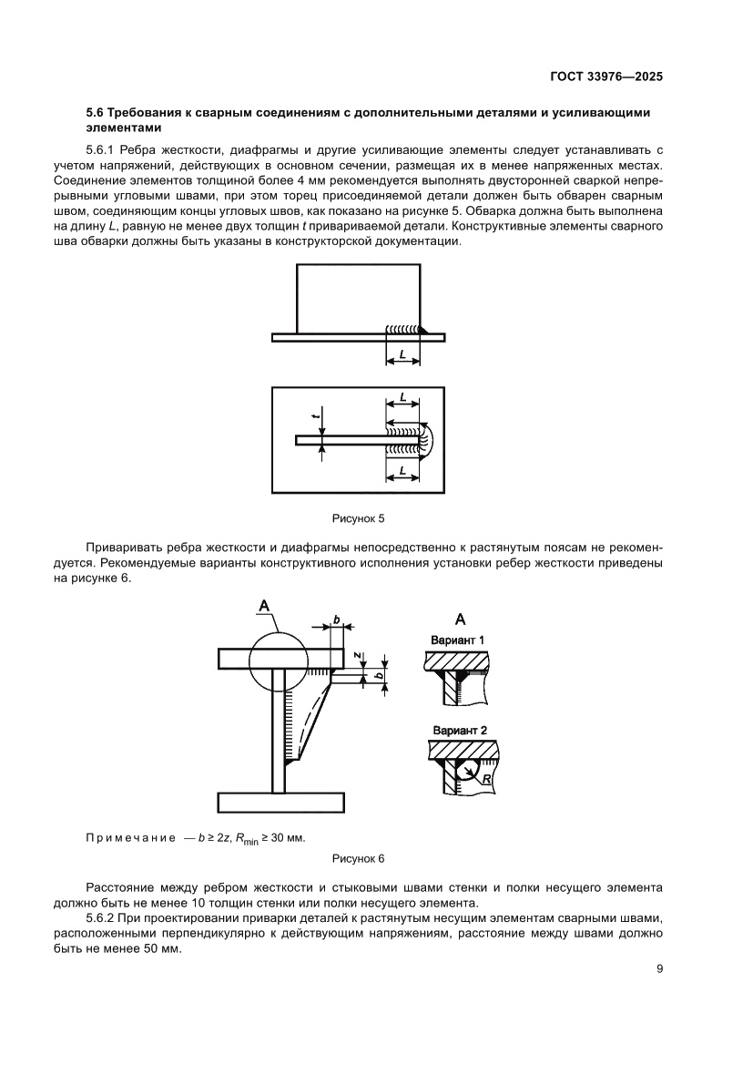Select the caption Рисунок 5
358,518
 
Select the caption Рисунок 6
358,858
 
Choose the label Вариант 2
460,731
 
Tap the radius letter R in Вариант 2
487,779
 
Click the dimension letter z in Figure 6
358,656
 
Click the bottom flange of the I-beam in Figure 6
281,803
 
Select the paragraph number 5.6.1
102,148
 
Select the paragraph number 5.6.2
102,917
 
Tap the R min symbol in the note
247,839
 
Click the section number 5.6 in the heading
95,112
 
